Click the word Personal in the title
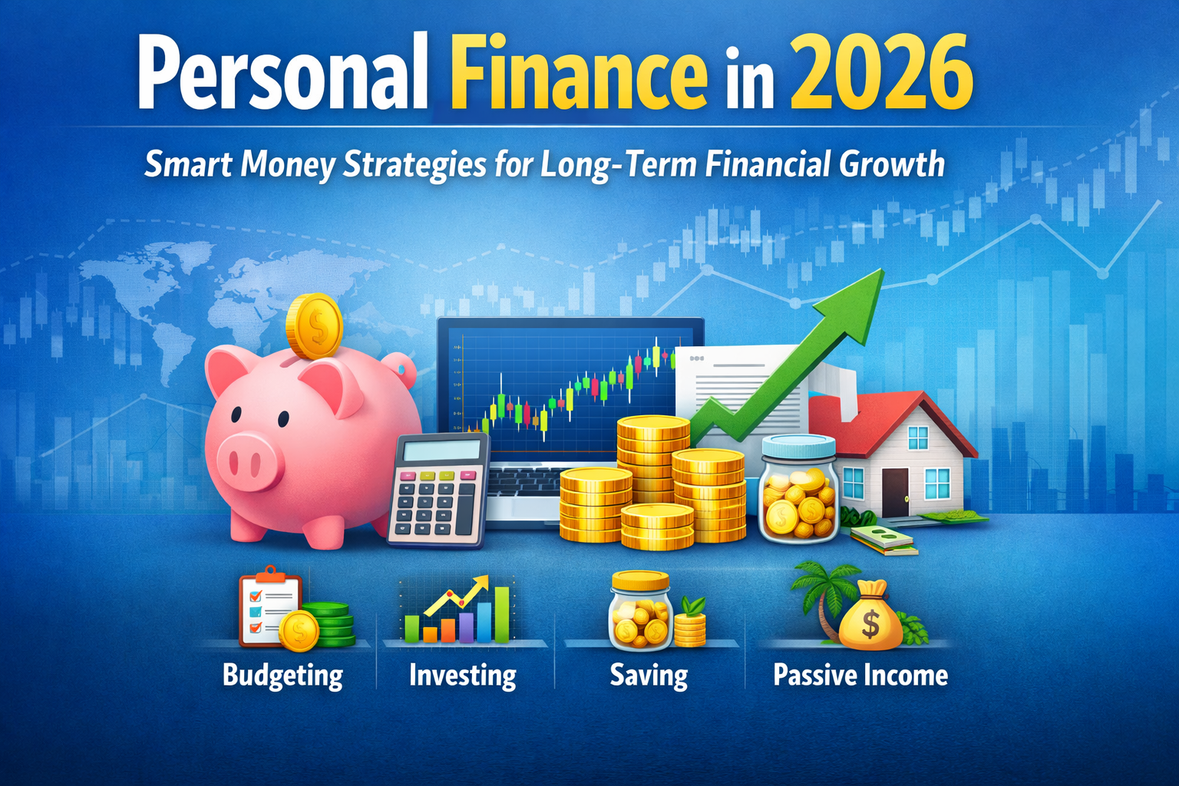pos(282,74)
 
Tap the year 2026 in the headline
pos(881,71)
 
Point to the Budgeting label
pos(282,675)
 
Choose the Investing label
pos(463,675)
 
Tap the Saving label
pos(649,675)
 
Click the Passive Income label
pos(860,675)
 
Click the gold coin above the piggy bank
pos(315,326)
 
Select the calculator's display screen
pos(441,451)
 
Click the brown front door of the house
pos(895,492)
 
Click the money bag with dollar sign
pos(870,616)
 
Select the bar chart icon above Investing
pos(457,611)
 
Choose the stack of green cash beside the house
pos(884,540)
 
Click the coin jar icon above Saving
pos(641,611)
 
